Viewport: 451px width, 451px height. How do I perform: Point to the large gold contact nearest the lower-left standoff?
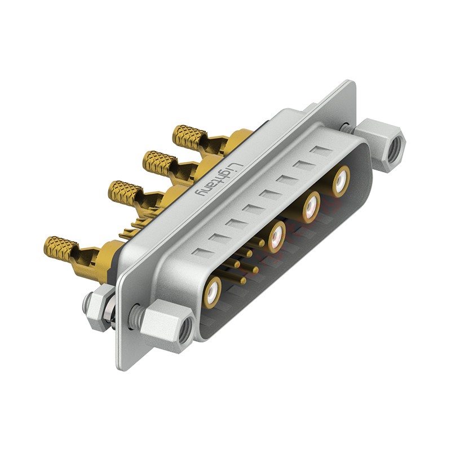tap(213, 291)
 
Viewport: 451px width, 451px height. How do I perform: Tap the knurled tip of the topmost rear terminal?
tap(188, 135)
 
